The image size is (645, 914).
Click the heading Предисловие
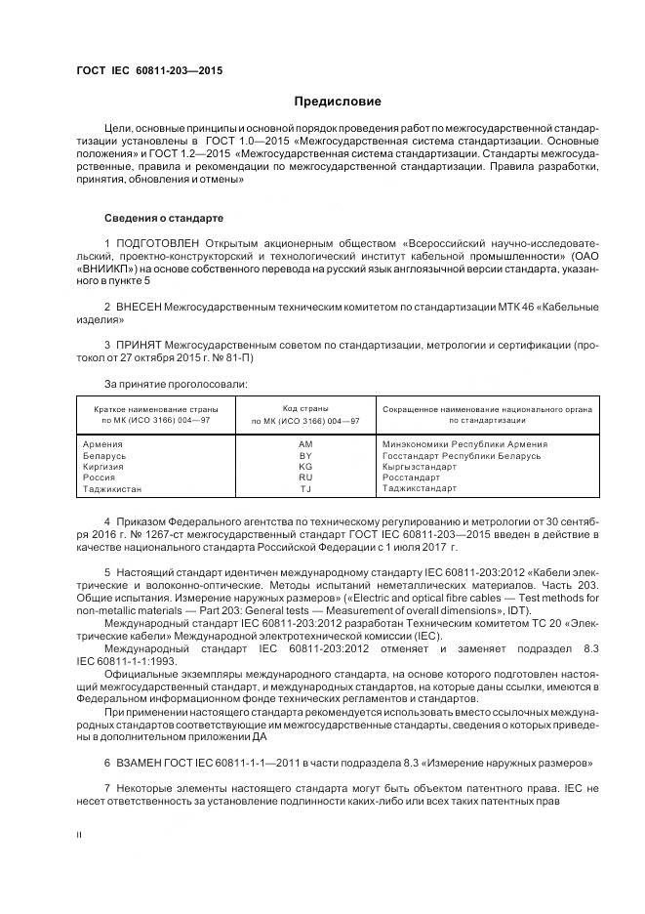pyautogui.click(x=338, y=102)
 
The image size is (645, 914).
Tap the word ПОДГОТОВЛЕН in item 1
pyautogui.click(x=157, y=241)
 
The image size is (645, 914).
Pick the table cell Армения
pyautogui.click(x=104, y=443)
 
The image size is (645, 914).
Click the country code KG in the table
pyautogui.click(x=305, y=466)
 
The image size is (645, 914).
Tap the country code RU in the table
pyautogui.click(x=305, y=478)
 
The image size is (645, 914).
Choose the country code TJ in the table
pyautogui.click(x=305, y=488)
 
